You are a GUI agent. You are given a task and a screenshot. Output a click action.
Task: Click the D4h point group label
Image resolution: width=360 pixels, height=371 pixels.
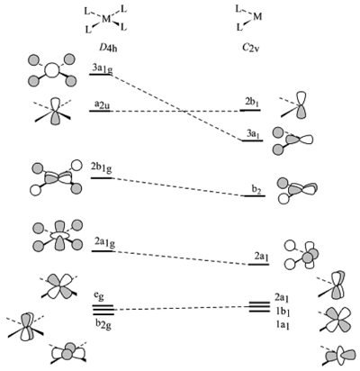point(105,48)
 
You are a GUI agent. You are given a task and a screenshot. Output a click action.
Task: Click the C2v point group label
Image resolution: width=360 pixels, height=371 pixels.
point(251,48)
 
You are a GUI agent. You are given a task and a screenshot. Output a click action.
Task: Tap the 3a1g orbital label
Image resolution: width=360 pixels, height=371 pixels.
point(103,68)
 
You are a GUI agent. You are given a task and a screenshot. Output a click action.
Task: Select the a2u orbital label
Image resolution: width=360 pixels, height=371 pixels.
point(102,104)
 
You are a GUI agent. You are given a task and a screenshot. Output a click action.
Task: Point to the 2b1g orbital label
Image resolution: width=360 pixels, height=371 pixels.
point(102,167)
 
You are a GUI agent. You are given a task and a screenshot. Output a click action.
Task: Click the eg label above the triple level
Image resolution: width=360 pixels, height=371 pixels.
point(100,296)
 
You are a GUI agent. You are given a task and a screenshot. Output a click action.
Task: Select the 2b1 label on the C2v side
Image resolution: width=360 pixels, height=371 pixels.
point(251,103)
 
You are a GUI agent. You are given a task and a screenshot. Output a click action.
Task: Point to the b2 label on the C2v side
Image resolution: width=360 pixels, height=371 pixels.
point(256,190)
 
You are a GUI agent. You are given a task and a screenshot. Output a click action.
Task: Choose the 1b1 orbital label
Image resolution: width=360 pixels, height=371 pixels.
point(282,311)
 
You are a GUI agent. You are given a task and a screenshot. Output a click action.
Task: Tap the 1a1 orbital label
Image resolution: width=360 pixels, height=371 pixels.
point(282,324)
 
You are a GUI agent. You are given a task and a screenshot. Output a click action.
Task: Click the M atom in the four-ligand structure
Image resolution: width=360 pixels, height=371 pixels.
point(106,19)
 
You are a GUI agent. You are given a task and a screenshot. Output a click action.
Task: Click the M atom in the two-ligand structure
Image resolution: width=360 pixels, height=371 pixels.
point(257,16)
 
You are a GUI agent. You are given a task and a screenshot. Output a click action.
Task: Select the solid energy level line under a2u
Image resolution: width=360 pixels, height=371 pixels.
point(100,111)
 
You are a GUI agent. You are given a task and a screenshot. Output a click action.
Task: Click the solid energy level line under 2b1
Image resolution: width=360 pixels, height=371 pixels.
point(250,111)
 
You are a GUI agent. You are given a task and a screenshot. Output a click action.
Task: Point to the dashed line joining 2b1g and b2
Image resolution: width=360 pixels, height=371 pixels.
point(178,187)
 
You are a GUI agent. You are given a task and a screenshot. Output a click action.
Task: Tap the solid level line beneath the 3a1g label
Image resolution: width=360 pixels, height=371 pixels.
point(100,75)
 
